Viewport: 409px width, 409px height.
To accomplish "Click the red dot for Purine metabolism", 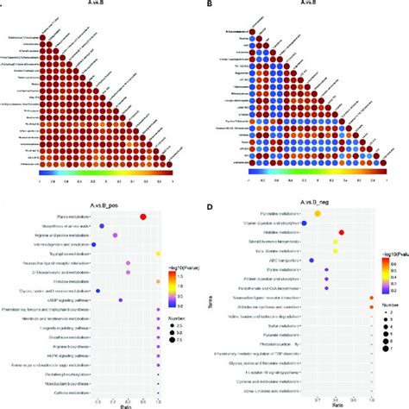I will [x=142, y=217].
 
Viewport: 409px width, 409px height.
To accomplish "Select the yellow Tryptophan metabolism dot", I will [x=160, y=255].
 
